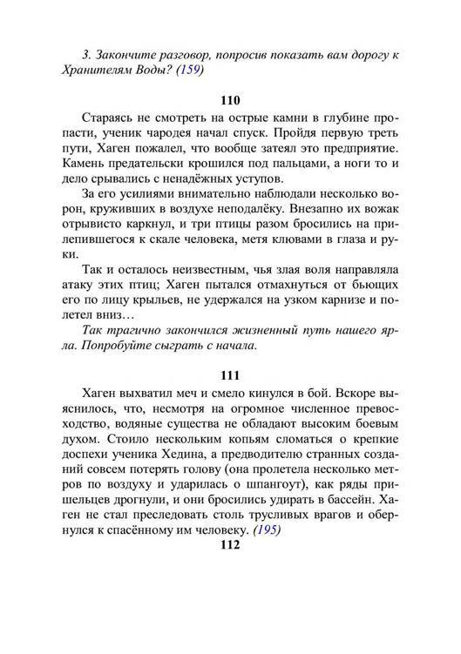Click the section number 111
point(230,375)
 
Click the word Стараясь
point(109,117)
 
